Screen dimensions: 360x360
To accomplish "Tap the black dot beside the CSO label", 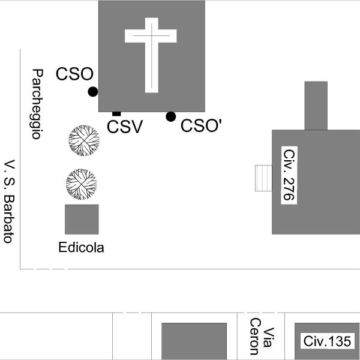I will coord(92,91).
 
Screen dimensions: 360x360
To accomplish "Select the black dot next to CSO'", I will coord(171,116).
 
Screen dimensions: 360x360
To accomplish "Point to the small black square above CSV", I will coord(116,113).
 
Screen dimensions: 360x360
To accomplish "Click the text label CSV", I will coord(125,127).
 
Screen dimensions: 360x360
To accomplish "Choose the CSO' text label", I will coord(202,126).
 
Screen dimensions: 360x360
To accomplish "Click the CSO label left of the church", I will coord(74,74).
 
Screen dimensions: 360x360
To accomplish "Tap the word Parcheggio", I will coord(37,104).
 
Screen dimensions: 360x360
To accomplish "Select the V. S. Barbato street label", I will coord(8,201).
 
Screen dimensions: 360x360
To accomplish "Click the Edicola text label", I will coord(81,247).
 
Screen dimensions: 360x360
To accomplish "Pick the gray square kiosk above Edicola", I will coord(82,219).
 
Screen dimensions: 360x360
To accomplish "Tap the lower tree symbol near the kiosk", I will coord(81,184).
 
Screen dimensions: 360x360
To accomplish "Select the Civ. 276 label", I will coord(289,174).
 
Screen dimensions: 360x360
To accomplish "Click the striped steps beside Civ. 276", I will coord(263,178).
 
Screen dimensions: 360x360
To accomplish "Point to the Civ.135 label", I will coord(327,341).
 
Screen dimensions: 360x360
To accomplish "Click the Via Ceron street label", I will coord(261,337).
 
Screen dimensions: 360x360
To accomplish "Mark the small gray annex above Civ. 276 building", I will coord(316,105).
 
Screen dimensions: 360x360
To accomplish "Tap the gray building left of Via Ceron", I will coord(194,341).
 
